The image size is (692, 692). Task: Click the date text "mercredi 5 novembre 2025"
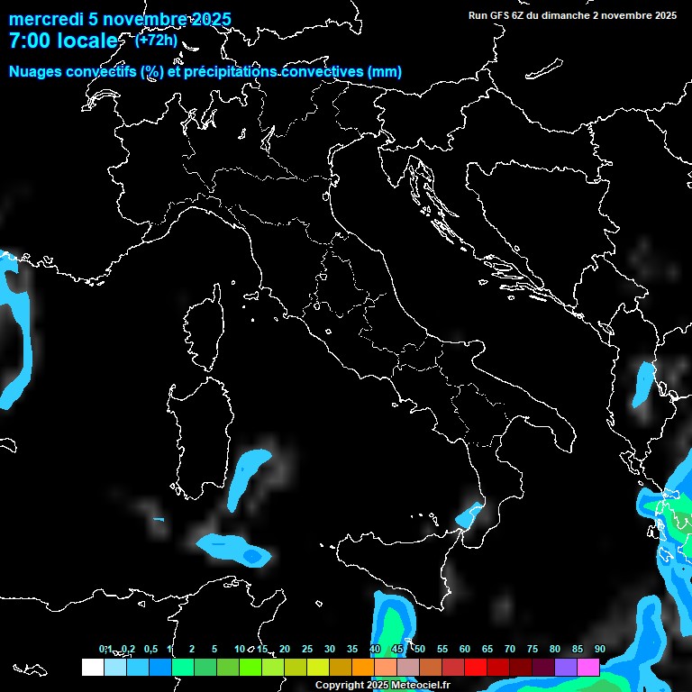pos(119,20)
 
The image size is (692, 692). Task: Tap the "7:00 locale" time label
pos(63,41)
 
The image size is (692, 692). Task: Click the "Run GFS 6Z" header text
pos(500,15)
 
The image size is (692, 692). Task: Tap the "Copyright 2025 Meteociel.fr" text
pos(382,686)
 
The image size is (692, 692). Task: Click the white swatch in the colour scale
pos(92,668)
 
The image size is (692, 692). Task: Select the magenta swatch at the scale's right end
pos(588,668)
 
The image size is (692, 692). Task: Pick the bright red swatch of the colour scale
pos(476,668)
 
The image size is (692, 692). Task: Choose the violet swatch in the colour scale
pos(566,668)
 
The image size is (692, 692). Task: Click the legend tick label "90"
pos(599,650)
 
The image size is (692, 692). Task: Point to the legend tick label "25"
pos(307,650)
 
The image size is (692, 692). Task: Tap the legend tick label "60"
pos(465,650)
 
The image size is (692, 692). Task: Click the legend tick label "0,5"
pos(150,650)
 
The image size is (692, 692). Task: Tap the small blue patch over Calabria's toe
pos(468,516)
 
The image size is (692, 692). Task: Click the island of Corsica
pos(205,339)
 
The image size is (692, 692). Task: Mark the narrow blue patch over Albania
pos(642,383)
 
